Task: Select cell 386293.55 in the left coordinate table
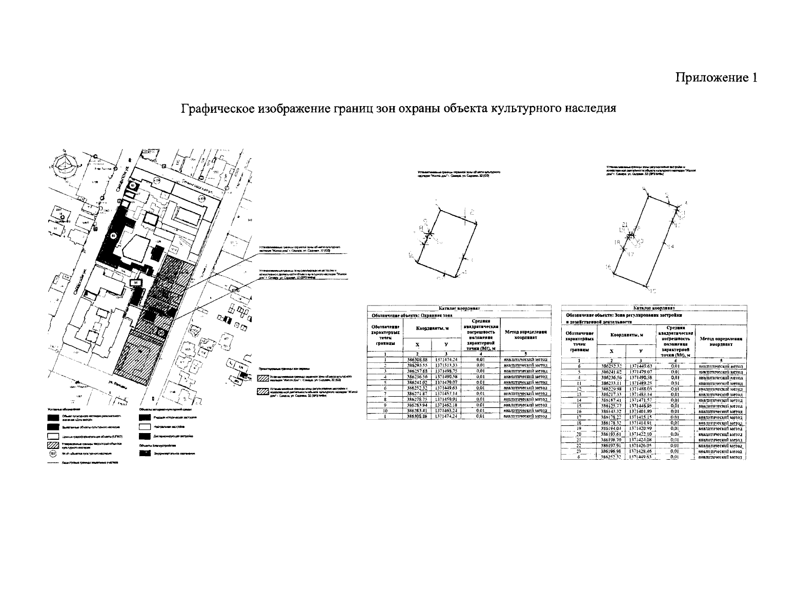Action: point(418,365)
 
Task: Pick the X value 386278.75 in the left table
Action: point(418,399)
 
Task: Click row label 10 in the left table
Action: point(384,411)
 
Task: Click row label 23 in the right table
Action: point(578,452)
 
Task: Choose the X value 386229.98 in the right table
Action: point(611,388)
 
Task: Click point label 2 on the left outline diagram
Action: point(471,211)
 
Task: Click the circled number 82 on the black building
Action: point(113,235)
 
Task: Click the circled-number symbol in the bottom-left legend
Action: point(52,454)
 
